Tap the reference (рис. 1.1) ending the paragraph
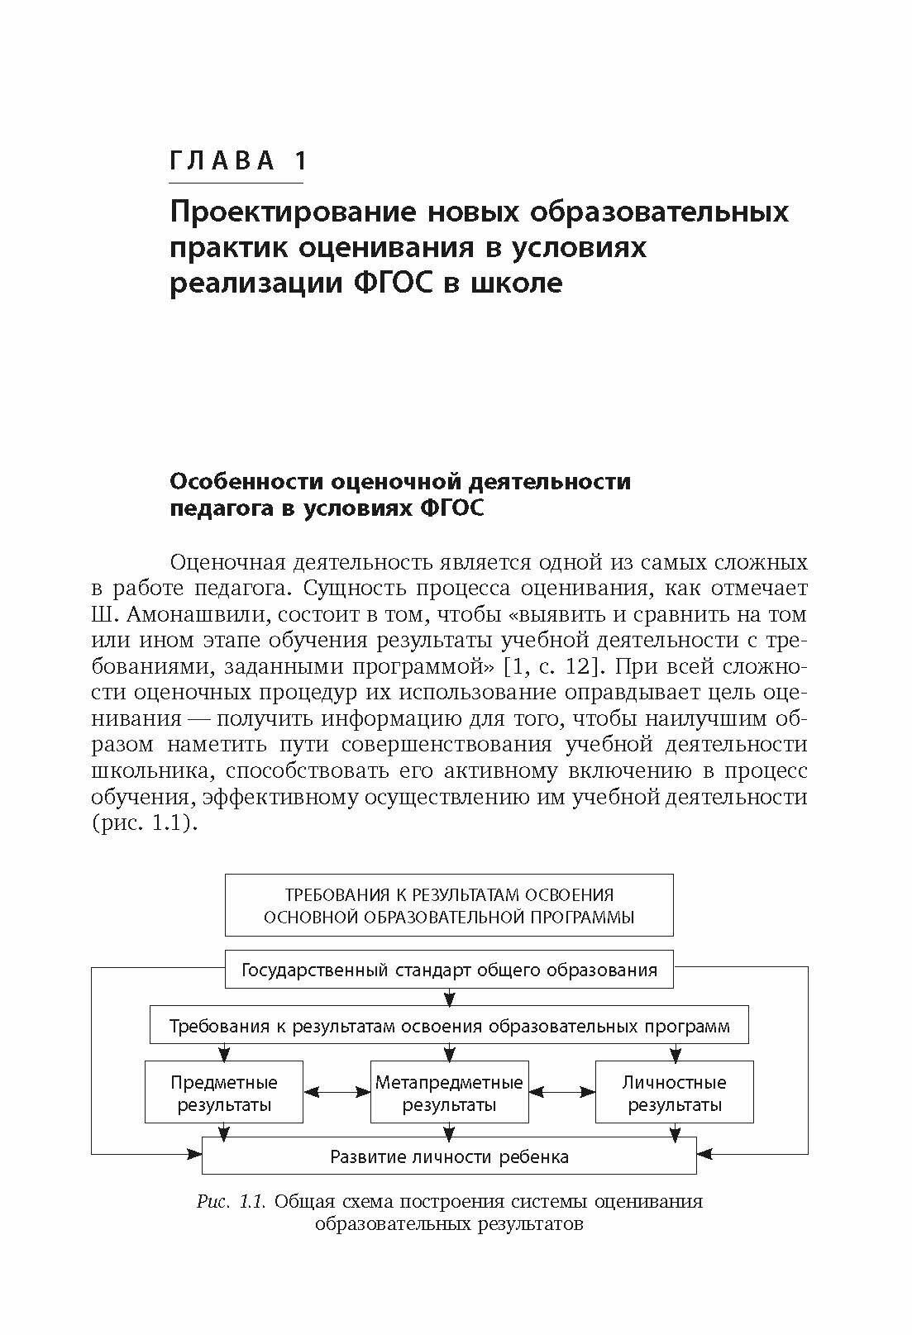[145, 823]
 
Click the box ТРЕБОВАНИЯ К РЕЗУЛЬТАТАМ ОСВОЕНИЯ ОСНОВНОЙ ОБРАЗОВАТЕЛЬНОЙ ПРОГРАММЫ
[449, 905]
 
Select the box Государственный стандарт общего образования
[449, 970]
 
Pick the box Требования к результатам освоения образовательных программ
[449, 1026]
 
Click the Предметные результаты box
[224, 1093]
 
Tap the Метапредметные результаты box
[449, 1093]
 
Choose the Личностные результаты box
[674, 1093]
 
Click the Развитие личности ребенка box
[449, 1156]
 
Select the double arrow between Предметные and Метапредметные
[337, 1092]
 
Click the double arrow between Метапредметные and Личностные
[562, 1092]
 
